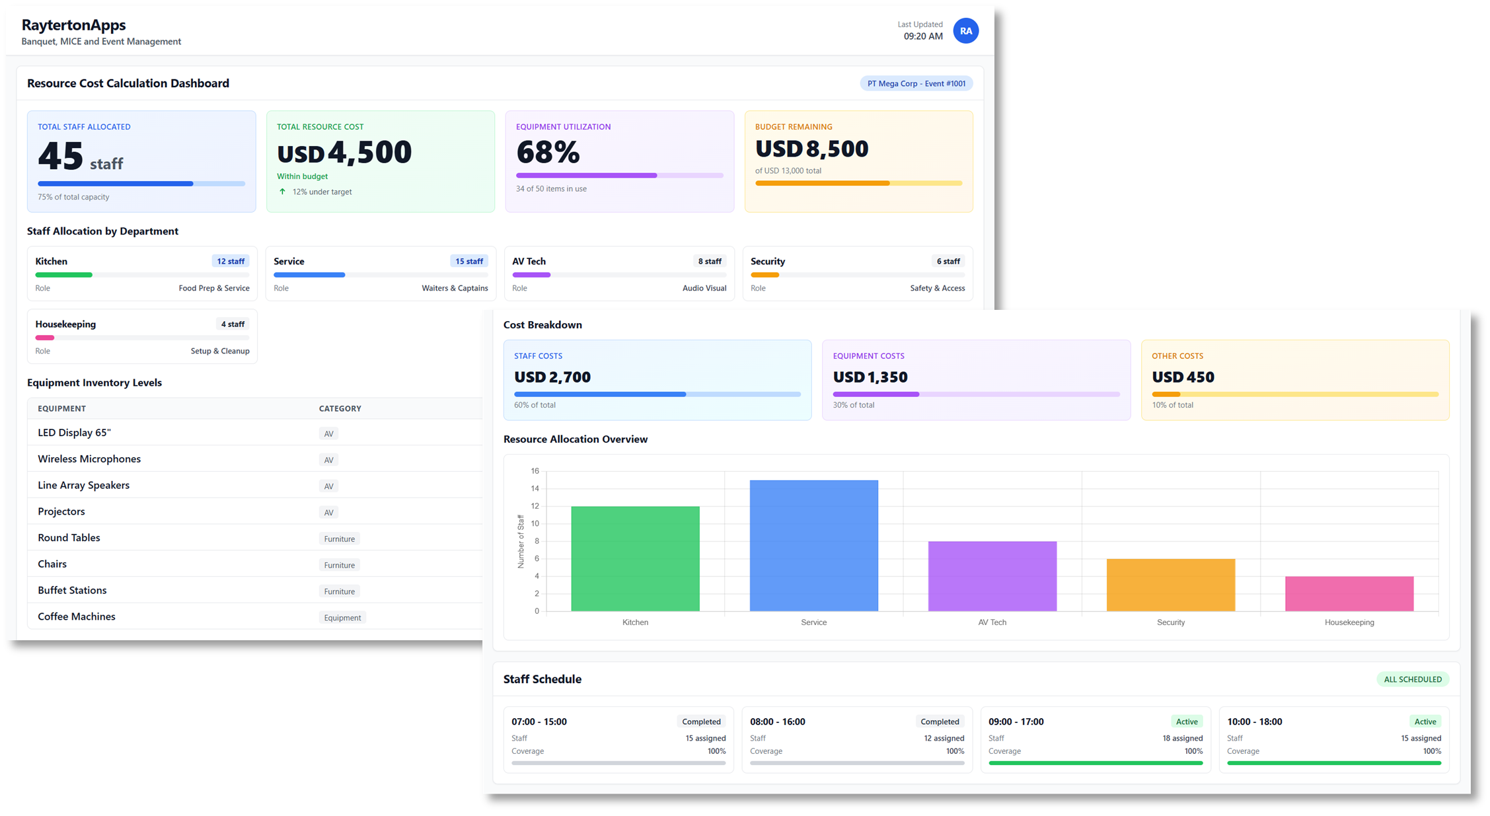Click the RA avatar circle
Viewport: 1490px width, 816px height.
(x=965, y=31)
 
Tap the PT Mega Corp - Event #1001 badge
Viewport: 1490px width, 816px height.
(x=916, y=84)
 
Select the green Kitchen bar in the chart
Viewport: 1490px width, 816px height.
(x=635, y=558)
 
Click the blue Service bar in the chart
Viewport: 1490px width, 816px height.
(x=813, y=545)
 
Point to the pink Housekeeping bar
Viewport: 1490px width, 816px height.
(x=1349, y=593)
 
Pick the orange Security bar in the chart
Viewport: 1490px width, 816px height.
(x=1170, y=585)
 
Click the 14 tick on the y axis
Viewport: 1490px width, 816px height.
(x=535, y=489)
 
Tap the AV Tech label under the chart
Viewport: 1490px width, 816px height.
(x=992, y=622)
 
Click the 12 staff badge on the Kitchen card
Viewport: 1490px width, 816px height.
(x=231, y=262)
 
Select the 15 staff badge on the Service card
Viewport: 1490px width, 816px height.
(x=468, y=262)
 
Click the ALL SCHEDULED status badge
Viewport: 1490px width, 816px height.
(x=1413, y=679)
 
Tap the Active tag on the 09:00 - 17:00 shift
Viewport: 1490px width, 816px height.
(x=1187, y=722)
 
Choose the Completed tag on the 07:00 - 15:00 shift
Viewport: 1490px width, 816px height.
(x=701, y=722)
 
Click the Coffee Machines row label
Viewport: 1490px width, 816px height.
(x=77, y=616)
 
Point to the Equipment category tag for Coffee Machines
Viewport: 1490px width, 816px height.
(x=342, y=618)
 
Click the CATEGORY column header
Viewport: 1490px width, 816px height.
(x=340, y=408)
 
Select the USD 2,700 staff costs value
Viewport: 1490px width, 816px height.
(x=552, y=377)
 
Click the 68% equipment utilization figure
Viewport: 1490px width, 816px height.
(x=548, y=153)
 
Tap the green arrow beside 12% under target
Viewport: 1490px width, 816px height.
(x=282, y=192)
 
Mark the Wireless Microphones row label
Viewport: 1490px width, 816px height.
(x=89, y=459)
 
